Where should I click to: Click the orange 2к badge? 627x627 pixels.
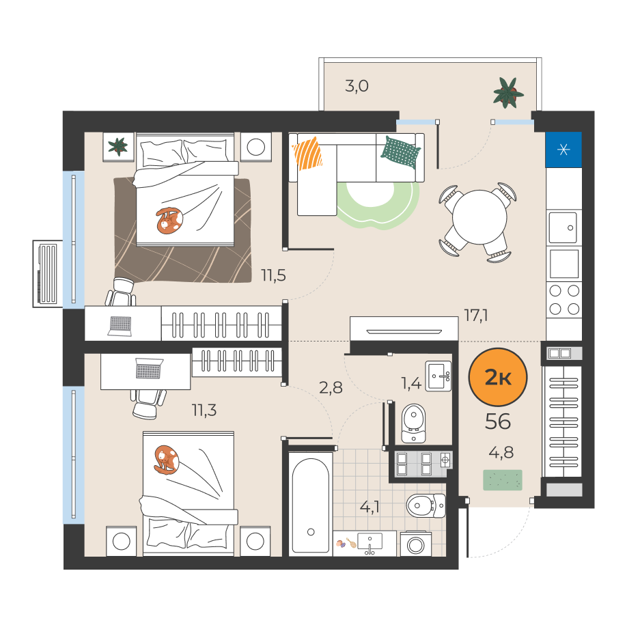coord(498,377)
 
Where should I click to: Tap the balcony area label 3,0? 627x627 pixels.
coord(357,86)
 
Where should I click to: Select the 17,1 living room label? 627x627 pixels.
coord(476,316)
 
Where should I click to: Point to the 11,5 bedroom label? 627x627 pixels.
coord(273,275)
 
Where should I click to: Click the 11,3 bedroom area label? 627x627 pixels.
coord(204,410)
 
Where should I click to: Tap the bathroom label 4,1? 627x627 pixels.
coord(370,507)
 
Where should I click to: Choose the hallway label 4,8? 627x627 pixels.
coord(501,453)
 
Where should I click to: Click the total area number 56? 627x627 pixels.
coord(498,421)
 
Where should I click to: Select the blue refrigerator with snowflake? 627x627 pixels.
coord(563,150)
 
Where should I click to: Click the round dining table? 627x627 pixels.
coord(479,217)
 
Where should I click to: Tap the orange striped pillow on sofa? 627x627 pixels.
coord(307,154)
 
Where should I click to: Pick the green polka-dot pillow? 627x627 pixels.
coord(400,152)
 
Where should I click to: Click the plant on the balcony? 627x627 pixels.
coord(508,93)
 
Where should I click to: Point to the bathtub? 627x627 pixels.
coord(310,505)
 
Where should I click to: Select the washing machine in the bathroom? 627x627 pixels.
coord(416,544)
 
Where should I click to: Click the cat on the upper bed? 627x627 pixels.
coord(169,221)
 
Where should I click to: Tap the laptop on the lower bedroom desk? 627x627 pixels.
coord(149,368)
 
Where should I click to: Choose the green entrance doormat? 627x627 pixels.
coord(503,480)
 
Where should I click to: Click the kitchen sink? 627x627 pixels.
coord(563,227)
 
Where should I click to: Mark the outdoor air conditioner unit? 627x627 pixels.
coord(48,274)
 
